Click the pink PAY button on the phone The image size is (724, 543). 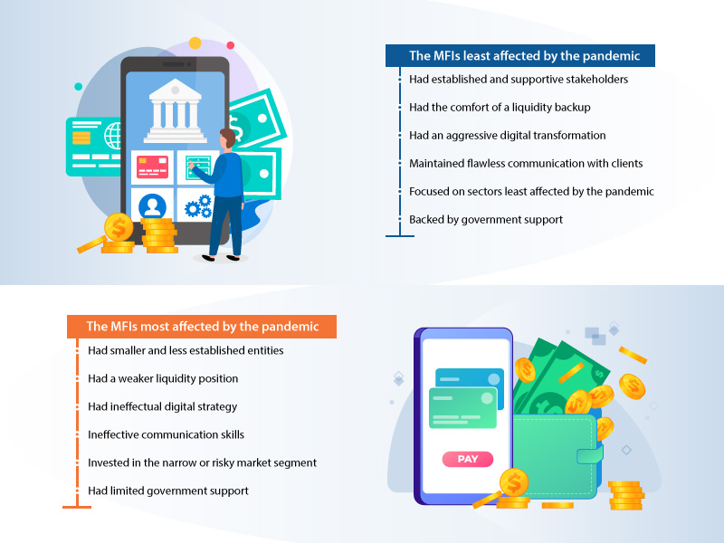tap(468, 459)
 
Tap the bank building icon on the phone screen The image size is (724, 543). tap(175, 110)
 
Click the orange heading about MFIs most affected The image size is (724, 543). tap(202, 327)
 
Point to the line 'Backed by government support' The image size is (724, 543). tap(486, 219)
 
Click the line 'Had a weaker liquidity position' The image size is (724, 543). tap(163, 378)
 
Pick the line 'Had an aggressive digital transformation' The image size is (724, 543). tap(508, 135)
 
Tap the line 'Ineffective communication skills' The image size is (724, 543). tap(166, 434)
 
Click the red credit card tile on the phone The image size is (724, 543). tap(152, 167)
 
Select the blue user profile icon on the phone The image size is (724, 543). tap(152, 206)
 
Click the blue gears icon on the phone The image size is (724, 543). tap(198, 206)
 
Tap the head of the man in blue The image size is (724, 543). tap(227, 139)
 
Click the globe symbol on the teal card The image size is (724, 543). tap(113, 136)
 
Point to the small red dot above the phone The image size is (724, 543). tap(231, 45)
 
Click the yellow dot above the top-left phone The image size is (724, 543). tap(195, 43)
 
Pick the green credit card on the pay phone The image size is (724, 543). tap(462, 408)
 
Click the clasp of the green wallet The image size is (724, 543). tap(590, 455)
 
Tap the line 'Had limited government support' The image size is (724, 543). tap(168, 491)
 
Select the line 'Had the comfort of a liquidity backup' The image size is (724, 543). tap(500, 107)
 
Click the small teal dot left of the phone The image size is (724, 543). tap(79, 86)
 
